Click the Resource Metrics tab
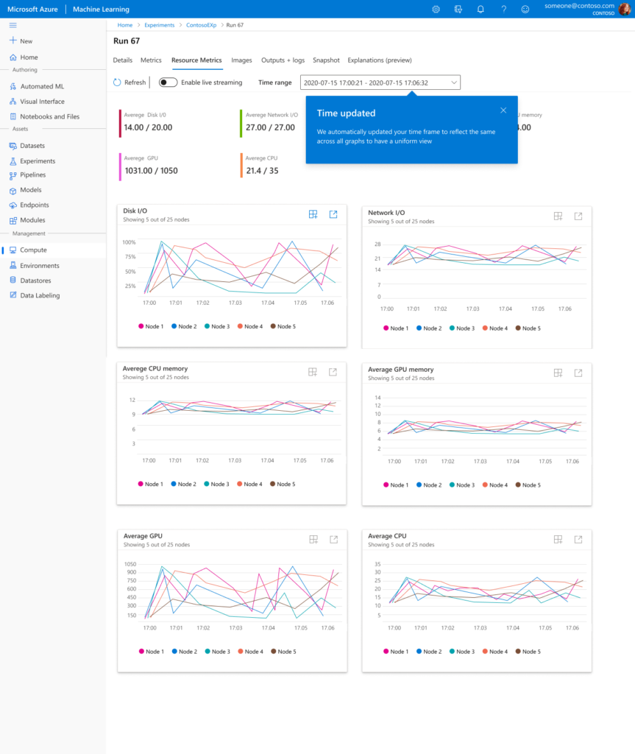click(x=196, y=60)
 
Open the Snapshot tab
click(x=326, y=60)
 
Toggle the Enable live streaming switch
click(x=168, y=82)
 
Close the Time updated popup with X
click(x=503, y=110)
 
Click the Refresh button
click(x=130, y=82)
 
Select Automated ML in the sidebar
click(x=41, y=86)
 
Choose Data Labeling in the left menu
click(x=40, y=295)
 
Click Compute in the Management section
click(x=33, y=250)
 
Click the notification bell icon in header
click(x=480, y=9)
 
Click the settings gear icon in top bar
click(x=436, y=9)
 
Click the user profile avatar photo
click(x=624, y=9)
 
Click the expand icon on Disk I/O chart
click(x=333, y=214)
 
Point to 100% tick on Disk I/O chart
click(x=129, y=242)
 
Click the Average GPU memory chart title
click(x=401, y=370)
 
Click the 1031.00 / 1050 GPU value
click(x=151, y=171)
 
